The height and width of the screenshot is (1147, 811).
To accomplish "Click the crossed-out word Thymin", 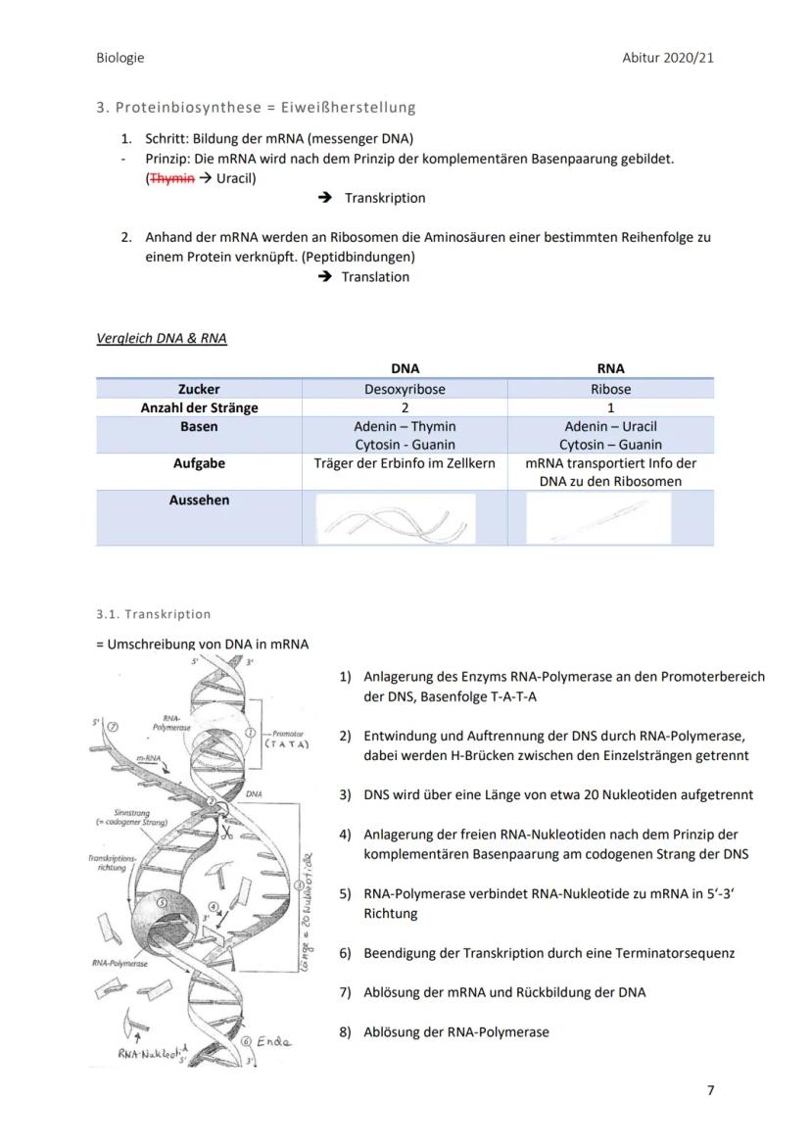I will pyautogui.click(x=167, y=178).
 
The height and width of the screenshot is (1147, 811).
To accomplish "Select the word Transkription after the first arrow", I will pyautogui.click(x=385, y=198).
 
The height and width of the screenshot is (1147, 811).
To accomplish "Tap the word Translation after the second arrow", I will pyautogui.click(x=375, y=277).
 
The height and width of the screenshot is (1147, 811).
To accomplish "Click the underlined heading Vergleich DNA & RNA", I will pyautogui.click(x=162, y=339).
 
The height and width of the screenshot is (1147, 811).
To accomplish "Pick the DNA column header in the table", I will pyautogui.click(x=405, y=369).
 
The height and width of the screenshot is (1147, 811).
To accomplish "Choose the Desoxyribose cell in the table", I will pyautogui.click(x=405, y=389).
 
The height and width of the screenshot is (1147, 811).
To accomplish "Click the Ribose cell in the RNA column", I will pyautogui.click(x=610, y=389).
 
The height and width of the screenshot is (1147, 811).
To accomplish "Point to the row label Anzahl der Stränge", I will pyautogui.click(x=199, y=407).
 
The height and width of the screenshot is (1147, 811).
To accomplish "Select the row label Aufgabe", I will pyautogui.click(x=199, y=463).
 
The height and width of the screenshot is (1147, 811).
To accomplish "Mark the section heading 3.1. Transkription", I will pyautogui.click(x=154, y=614).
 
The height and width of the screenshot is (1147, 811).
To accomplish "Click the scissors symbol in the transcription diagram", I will pyautogui.click(x=225, y=834).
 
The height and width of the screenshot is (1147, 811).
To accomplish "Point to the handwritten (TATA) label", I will pyautogui.click(x=288, y=744).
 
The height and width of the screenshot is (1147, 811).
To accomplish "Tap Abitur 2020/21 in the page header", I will pyautogui.click(x=668, y=58).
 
